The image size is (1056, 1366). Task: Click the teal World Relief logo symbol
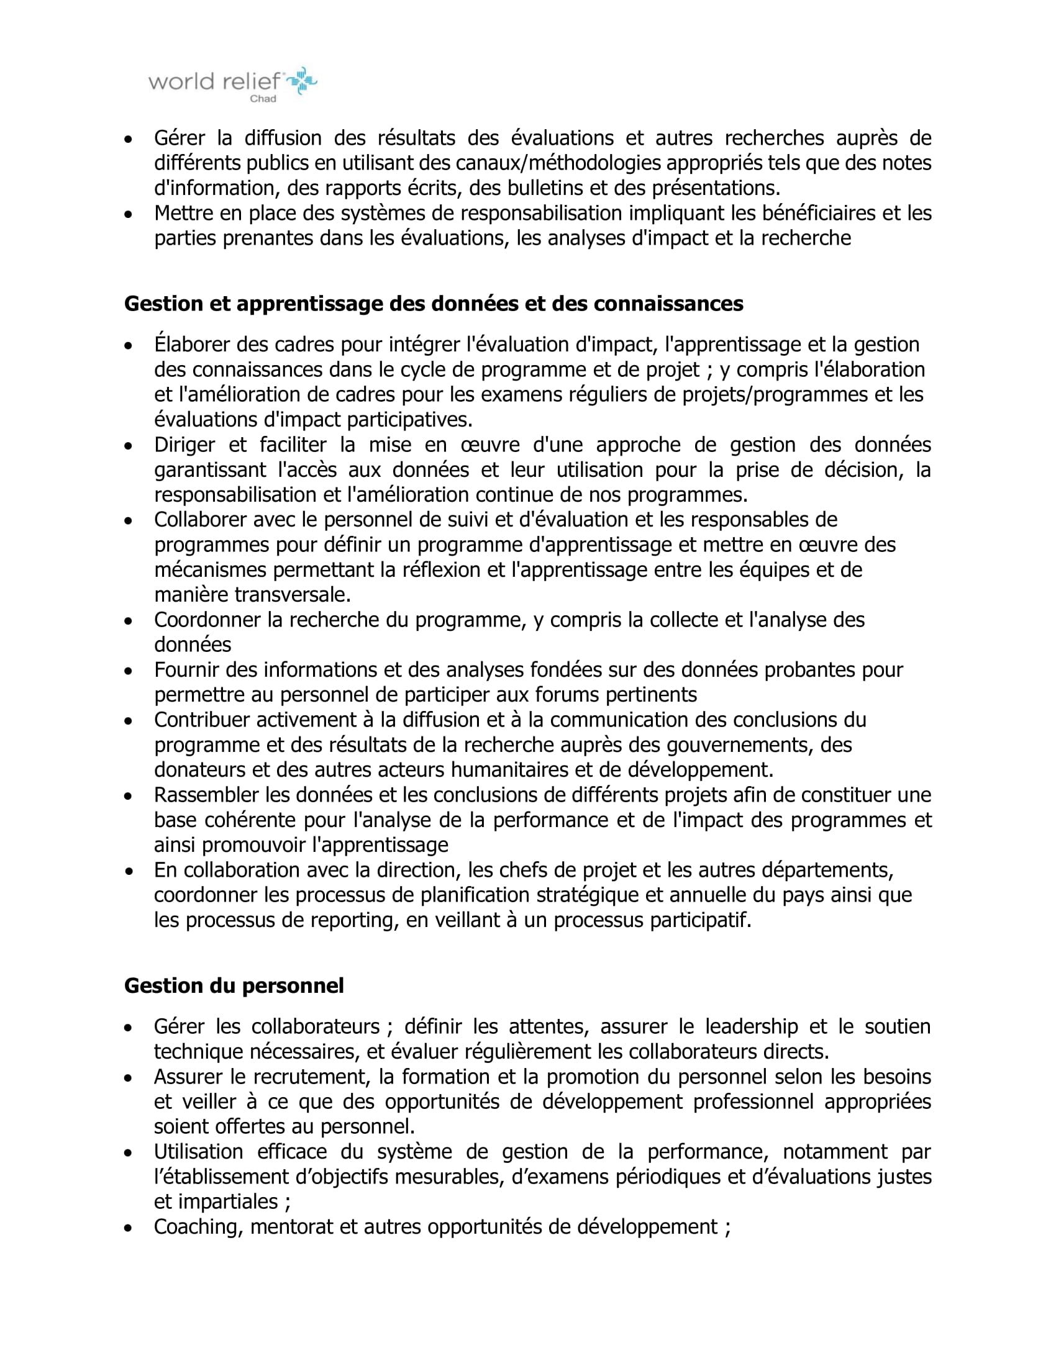pyautogui.click(x=302, y=80)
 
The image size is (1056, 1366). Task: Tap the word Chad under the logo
pyautogui.click(x=263, y=99)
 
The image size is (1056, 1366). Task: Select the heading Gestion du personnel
pyautogui.click(x=234, y=986)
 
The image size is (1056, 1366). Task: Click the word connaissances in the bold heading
pyautogui.click(x=668, y=304)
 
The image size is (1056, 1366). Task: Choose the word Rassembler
pyautogui.click(x=206, y=794)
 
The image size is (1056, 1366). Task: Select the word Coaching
pyautogui.click(x=196, y=1227)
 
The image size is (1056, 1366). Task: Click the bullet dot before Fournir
pyautogui.click(x=128, y=671)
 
